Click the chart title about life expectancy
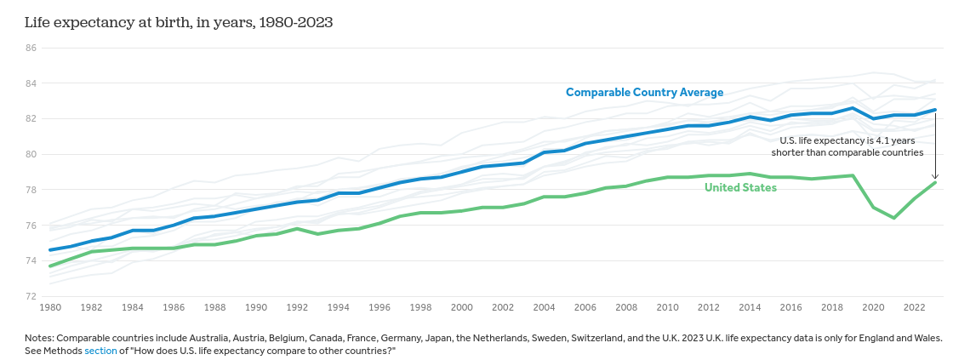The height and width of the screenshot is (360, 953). pyautogui.click(x=179, y=22)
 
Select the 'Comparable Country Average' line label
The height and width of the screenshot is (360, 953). pyautogui.click(x=644, y=93)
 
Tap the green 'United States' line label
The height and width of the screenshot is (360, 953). pyautogui.click(x=740, y=187)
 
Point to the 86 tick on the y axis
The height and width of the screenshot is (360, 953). pyautogui.click(x=31, y=48)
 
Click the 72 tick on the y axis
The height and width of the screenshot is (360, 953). pyautogui.click(x=31, y=296)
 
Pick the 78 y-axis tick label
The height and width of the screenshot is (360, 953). pyautogui.click(x=31, y=190)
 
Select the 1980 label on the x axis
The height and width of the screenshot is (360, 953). pyautogui.click(x=50, y=307)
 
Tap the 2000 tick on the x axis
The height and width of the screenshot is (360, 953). pyautogui.click(x=462, y=307)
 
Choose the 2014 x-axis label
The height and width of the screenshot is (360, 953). pyautogui.click(x=750, y=307)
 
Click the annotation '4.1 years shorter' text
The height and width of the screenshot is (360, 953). pyautogui.click(x=847, y=146)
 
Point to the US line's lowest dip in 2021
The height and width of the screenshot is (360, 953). pyautogui.click(x=894, y=218)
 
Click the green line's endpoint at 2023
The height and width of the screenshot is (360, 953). pyautogui.click(x=935, y=182)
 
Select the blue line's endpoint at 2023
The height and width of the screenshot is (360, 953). pyautogui.click(x=935, y=110)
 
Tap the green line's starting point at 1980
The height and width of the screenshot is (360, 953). pyautogui.click(x=50, y=266)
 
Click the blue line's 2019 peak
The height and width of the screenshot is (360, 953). pyautogui.click(x=853, y=108)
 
